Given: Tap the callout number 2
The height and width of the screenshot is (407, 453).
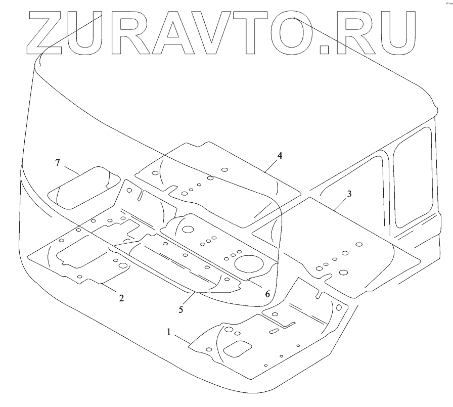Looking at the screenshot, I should coord(121,298).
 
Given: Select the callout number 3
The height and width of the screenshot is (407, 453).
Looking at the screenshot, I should coord(349,194).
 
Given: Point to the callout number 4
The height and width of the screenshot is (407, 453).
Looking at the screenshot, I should coord(280,155).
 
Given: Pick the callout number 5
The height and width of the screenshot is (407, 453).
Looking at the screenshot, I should coord(180,308).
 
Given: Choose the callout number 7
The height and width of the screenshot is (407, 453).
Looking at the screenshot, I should coord(58,163).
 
